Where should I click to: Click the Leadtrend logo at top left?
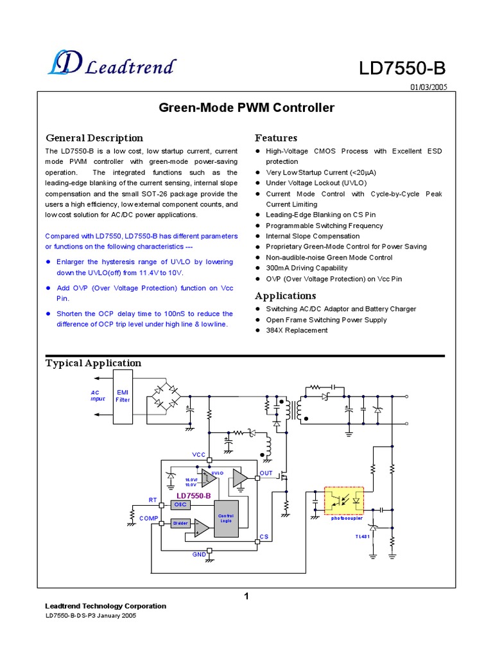point(111,64)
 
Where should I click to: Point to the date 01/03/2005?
point(428,87)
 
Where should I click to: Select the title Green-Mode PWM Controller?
point(246,108)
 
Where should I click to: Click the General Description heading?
point(94,138)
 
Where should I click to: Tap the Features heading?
point(276,138)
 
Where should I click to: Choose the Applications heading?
point(286,296)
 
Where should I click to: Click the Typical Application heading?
point(93,363)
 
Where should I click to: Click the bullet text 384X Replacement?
point(297,330)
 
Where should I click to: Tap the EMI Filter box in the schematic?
point(123,396)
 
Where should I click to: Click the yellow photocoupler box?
point(344,501)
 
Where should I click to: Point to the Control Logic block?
point(226,518)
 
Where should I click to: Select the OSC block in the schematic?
point(180,504)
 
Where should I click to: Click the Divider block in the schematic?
point(180,523)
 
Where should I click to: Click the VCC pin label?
point(199,455)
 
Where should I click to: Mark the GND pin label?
point(200,554)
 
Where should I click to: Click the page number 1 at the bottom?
point(246,596)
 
